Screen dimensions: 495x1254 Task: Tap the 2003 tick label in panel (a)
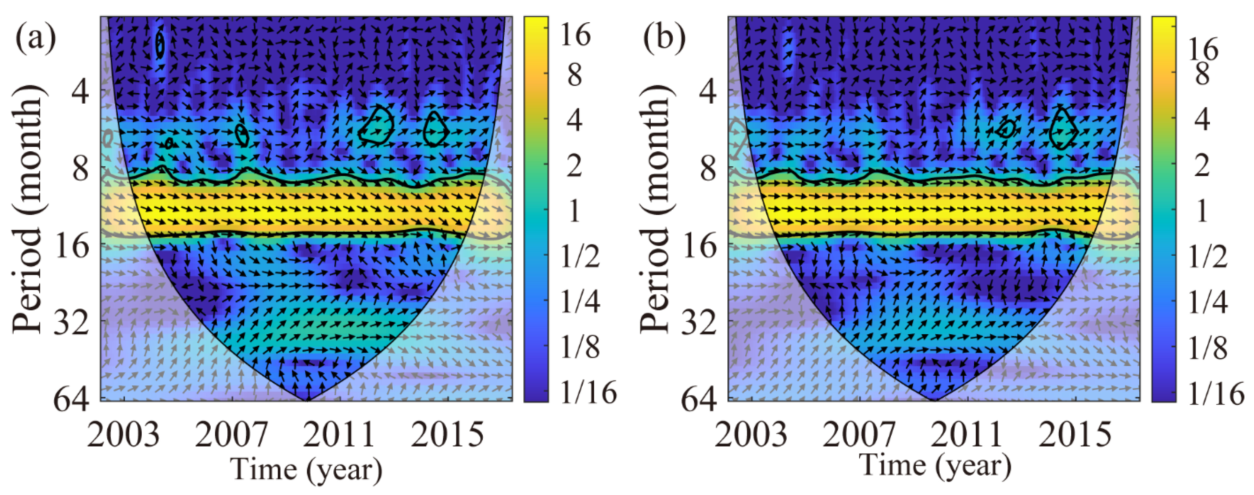point(124,435)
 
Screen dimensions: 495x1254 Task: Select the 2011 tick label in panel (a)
point(339,435)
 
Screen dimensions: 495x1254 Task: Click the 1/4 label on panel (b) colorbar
point(1208,302)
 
